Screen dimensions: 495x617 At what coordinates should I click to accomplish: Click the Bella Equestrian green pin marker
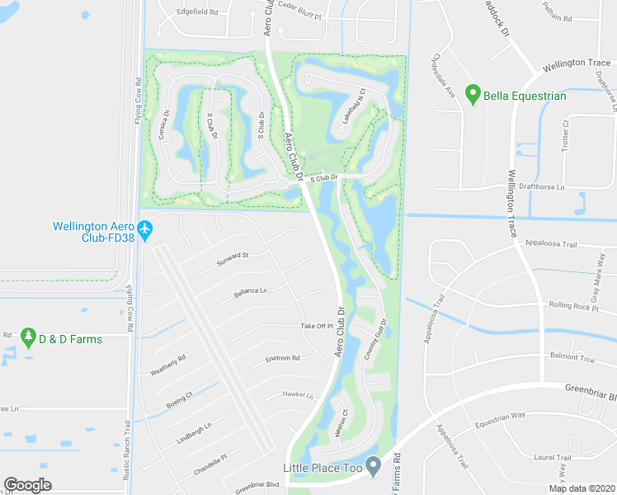point(473,96)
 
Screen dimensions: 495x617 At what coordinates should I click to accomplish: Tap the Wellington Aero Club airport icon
point(145,229)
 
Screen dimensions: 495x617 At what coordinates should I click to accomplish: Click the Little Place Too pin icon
point(373,468)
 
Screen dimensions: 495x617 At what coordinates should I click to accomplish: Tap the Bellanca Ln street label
point(251,291)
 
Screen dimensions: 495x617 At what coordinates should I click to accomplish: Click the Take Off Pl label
point(316,326)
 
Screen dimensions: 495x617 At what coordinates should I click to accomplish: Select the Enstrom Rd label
point(282,358)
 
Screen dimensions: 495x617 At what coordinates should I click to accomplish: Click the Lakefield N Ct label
point(351,107)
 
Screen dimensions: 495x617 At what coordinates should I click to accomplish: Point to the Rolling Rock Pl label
point(572,306)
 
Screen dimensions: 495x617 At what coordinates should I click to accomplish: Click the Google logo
point(27,485)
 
